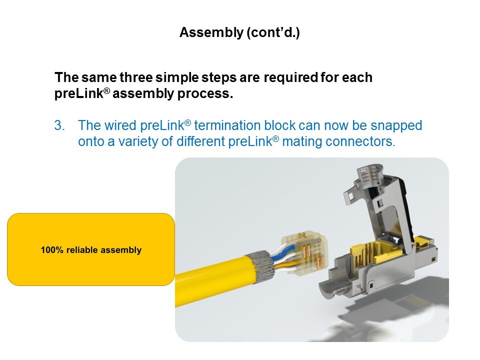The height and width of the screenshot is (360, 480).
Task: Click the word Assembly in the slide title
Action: click(x=211, y=32)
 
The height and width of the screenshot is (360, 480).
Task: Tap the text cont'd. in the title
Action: click(x=273, y=32)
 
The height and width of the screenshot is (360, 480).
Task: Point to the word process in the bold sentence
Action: click(x=205, y=94)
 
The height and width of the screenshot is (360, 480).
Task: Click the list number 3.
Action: click(x=59, y=125)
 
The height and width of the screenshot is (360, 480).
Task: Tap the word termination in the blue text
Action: click(x=227, y=125)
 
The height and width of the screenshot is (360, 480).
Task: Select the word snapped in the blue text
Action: click(x=396, y=126)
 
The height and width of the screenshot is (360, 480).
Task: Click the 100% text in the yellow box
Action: click(x=52, y=250)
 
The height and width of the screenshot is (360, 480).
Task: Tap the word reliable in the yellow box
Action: click(x=82, y=250)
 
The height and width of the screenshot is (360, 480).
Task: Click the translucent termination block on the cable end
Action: click(x=304, y=252)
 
